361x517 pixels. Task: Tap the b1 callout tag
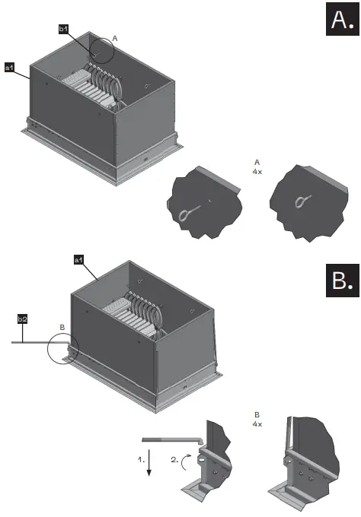point(64,28)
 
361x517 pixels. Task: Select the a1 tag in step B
point(78,260)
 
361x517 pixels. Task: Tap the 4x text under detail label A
point(257,173)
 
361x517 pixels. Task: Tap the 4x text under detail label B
point(257,423)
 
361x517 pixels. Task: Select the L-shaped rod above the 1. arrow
point(171,439)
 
